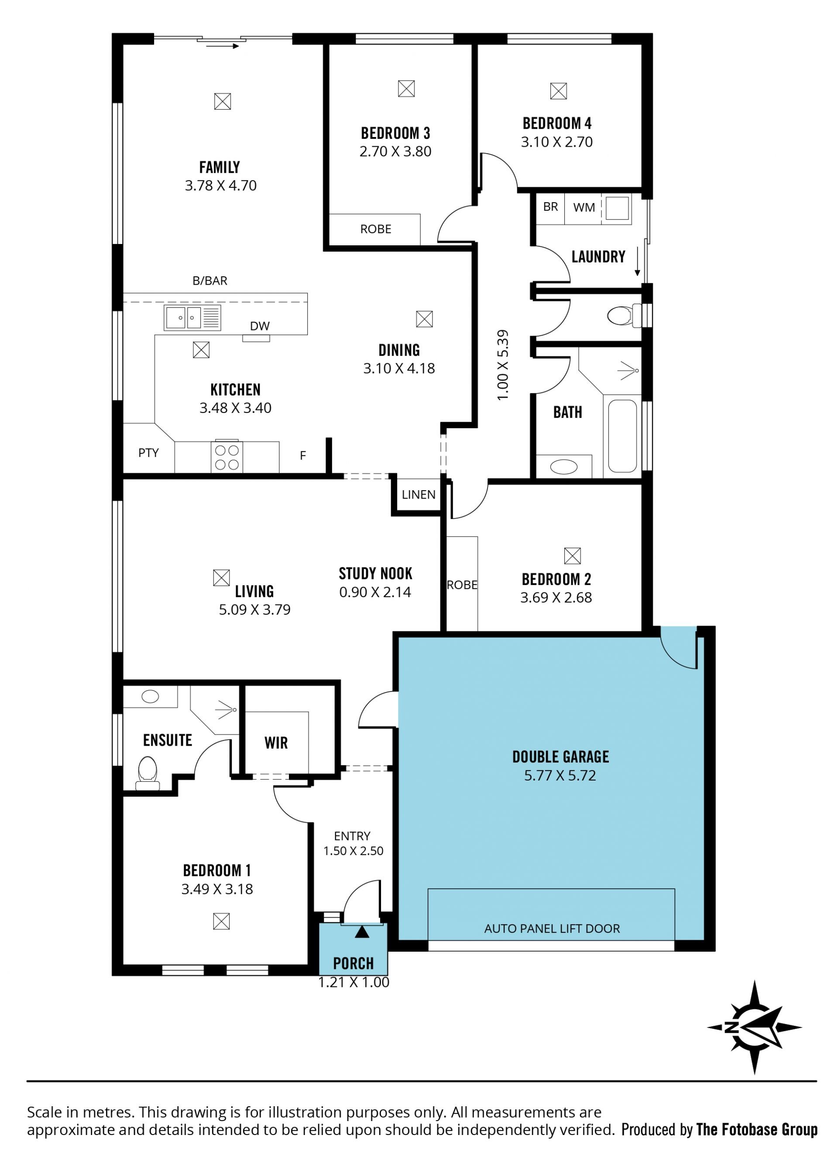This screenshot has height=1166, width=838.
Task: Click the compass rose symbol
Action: pyautogui.click(x=754, y=1028)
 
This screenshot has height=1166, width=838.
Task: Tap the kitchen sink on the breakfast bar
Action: pyautogui.click(x=193, y=317)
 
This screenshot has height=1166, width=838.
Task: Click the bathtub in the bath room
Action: pyautogui.click(x=622, y=436)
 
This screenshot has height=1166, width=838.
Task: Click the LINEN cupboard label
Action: pyautogui.click(x=419, y=495)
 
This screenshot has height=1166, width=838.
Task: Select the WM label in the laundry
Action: pyautogui.click(x=584, y=208)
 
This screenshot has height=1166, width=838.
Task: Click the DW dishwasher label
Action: pyautogui.click(x=260, y=326)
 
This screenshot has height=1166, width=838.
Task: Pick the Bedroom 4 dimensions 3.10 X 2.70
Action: pyautogui.click(x=557, y=142)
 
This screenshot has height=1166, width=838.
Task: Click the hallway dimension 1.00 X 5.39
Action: pyautogui.click(x=503, y=365)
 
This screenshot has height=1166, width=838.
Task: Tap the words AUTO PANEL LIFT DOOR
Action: pyautogui.click(x=552, y=929)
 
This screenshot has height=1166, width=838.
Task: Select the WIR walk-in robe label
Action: pyautogui.click(x=276, y=743)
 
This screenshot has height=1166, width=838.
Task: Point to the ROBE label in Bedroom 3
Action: pyautogui.click(x=376, y=229)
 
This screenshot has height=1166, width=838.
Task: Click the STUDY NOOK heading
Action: pyautogui.click(x=375, y=574)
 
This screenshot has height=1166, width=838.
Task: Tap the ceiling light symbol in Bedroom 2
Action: pyautogui.click(x=572, y=556)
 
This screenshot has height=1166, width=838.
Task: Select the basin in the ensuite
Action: pyautogui.click(x=150, y=697)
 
